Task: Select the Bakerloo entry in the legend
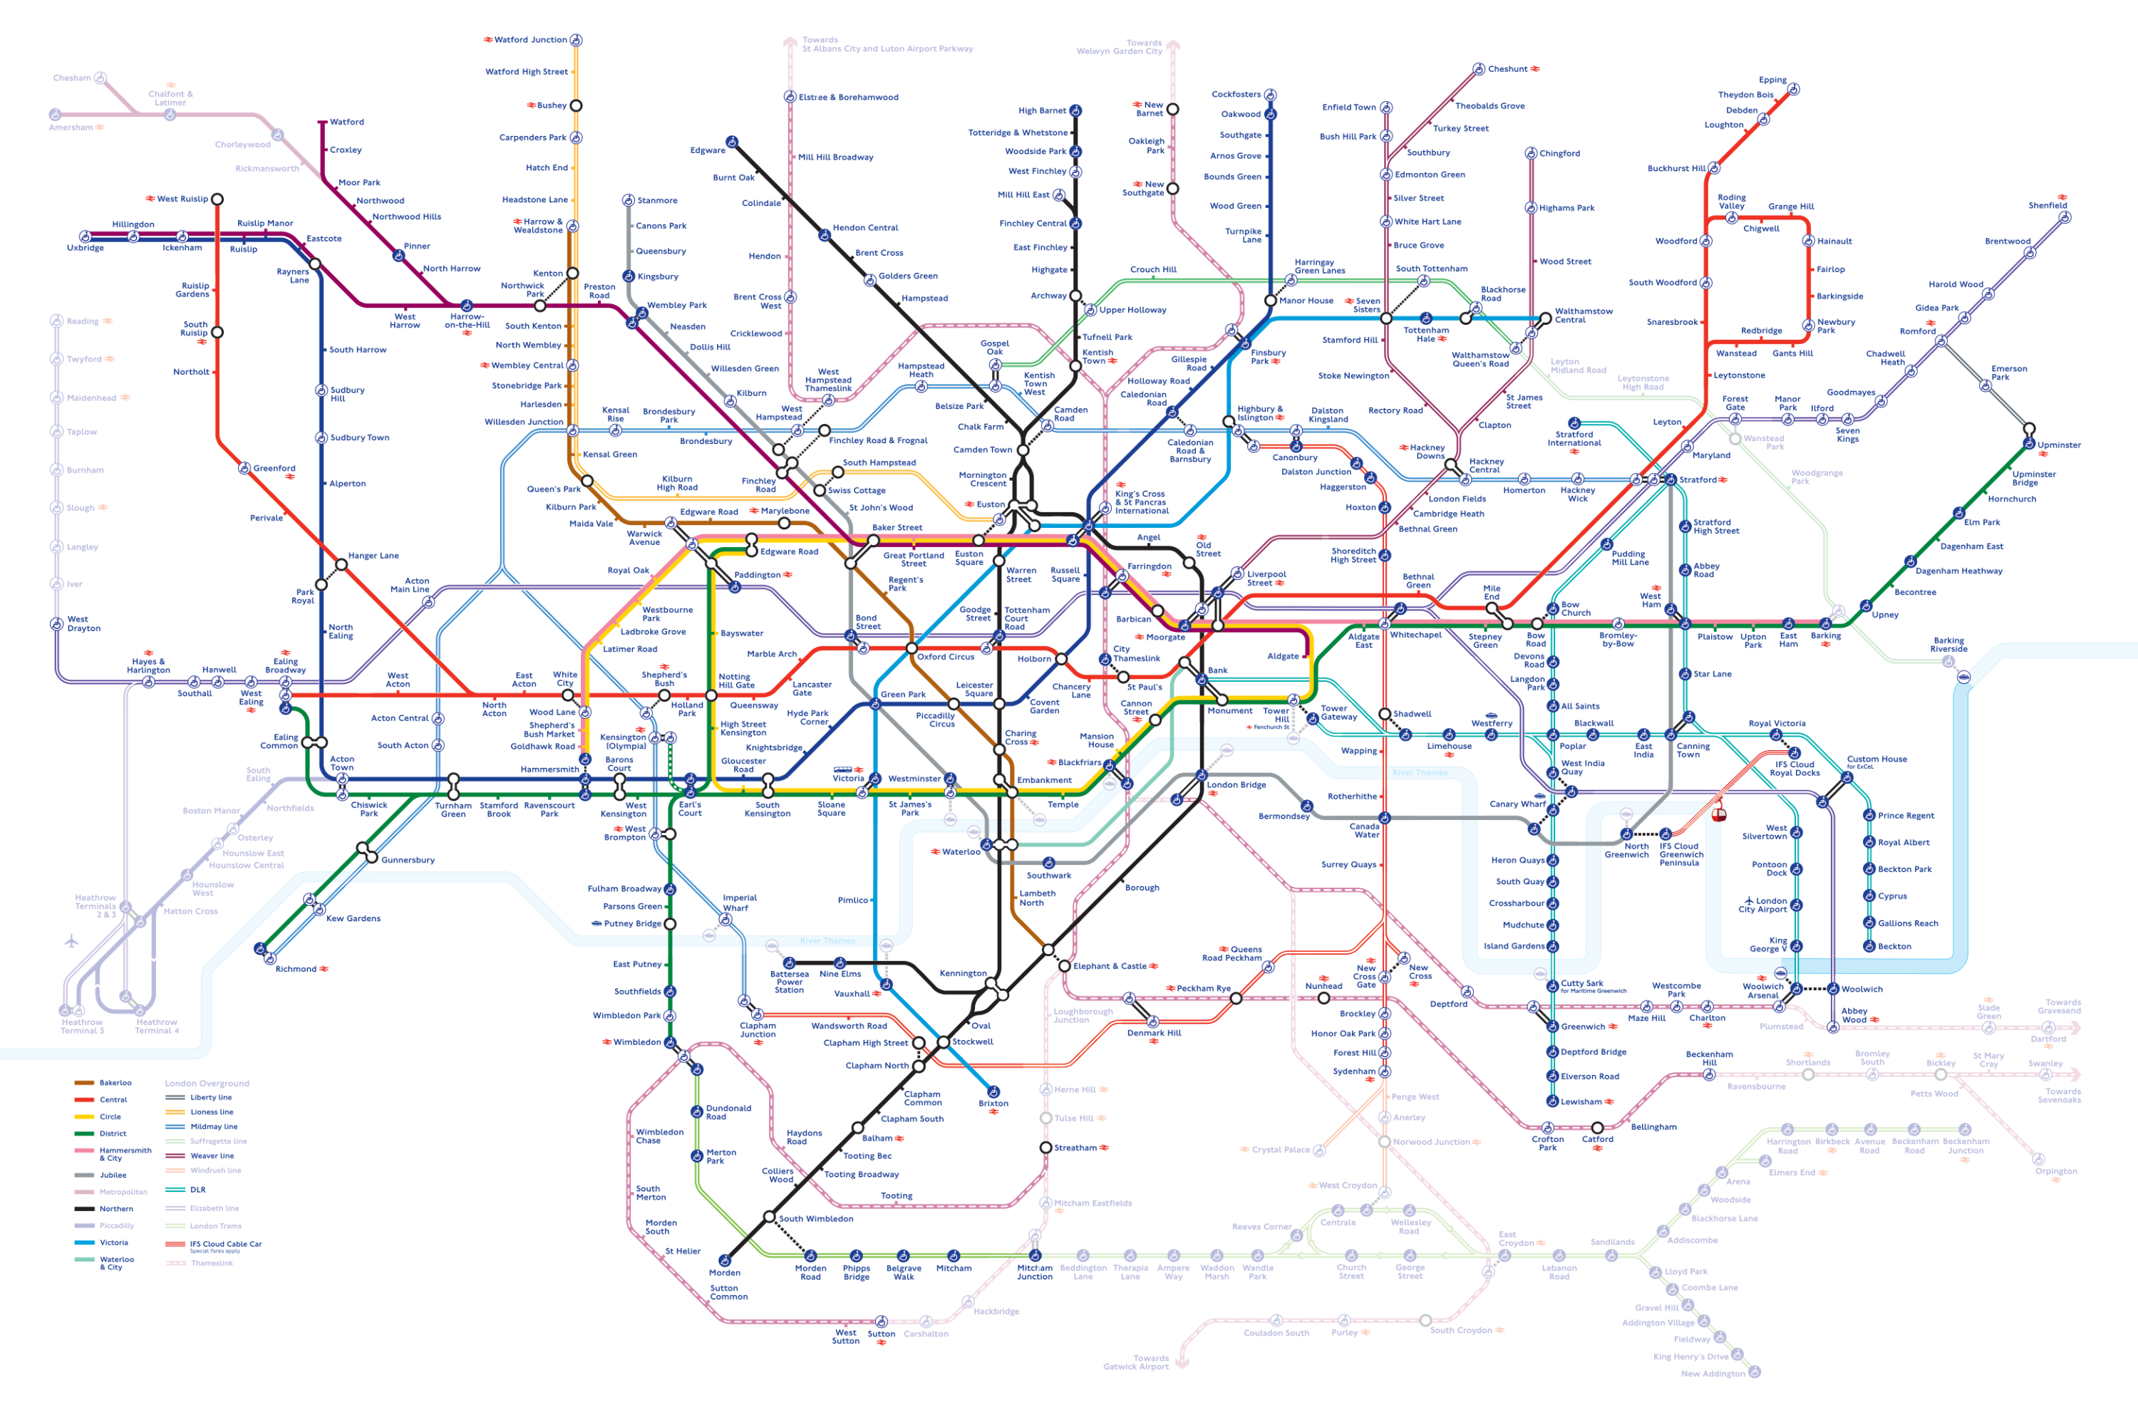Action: coord(115,1083)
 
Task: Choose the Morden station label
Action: coord(724,1272)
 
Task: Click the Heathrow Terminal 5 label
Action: coord(82,1027)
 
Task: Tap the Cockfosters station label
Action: coord(1236,94)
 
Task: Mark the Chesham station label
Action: coord(71,78)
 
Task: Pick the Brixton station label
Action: coord(993,1104)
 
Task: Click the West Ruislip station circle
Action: coord(217,199)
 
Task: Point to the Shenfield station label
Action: coord(2047,205)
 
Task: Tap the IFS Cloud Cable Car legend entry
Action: coord(225,1245)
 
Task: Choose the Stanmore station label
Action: coord(656,201)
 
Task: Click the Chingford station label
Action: coord(1559,154)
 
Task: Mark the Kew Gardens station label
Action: coord(353,918)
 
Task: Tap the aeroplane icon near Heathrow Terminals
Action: coord(72,942)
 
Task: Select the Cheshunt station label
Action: coord(1507,68)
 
